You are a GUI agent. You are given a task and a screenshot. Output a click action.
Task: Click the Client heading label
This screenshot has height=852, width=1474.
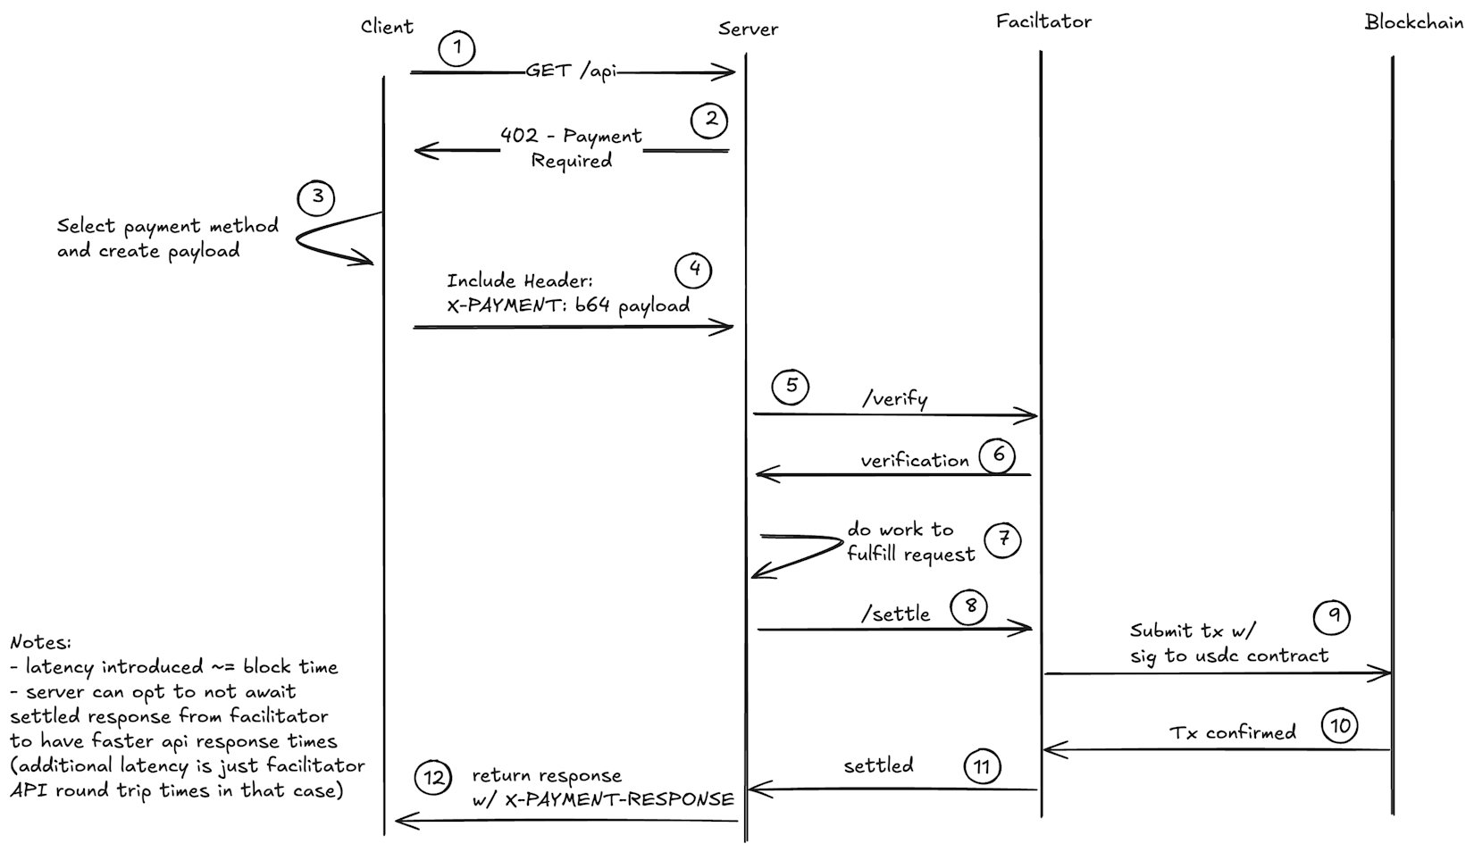pos(387,27)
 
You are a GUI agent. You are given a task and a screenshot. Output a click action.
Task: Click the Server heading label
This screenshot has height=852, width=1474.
pos(748,29)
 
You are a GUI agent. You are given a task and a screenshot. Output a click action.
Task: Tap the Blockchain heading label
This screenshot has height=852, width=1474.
pos(1413,22)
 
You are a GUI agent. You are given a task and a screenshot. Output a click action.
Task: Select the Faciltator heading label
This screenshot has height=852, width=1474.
pos(1043,21)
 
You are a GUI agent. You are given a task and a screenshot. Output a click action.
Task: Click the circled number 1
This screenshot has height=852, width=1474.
pos(457,47)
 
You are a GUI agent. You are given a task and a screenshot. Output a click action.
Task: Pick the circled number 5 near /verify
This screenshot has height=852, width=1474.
pos(791,387)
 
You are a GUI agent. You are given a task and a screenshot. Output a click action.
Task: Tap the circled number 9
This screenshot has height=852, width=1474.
pos(1333,616)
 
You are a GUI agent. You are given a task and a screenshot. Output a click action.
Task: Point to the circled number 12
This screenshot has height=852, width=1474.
pos(434,778)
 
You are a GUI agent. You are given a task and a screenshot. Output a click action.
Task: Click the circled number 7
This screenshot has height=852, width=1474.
pos(1003,539)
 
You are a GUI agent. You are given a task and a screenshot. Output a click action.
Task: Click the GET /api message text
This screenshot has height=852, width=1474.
pos(571,71)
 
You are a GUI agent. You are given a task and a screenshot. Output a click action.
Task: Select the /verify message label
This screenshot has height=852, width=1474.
pos(894,398)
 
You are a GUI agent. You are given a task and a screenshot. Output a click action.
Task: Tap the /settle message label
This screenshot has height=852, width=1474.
pos(895,614)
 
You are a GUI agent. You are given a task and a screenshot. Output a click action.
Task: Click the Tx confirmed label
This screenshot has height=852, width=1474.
pos(1232,732)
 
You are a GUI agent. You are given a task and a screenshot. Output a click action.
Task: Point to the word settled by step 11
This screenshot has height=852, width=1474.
pos(878,765)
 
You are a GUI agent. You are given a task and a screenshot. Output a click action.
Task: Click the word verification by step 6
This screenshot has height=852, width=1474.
pos(914,461)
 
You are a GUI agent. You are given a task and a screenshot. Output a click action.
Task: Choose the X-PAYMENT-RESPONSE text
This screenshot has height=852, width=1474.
pos(619,799)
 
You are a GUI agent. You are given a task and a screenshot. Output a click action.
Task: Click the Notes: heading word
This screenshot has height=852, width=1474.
pos(40,642)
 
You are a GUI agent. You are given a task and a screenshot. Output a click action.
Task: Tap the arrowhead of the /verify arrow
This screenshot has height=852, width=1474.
pos(1031,414)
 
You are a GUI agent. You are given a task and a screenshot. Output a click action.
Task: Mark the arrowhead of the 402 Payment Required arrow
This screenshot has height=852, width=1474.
pos(421,151)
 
